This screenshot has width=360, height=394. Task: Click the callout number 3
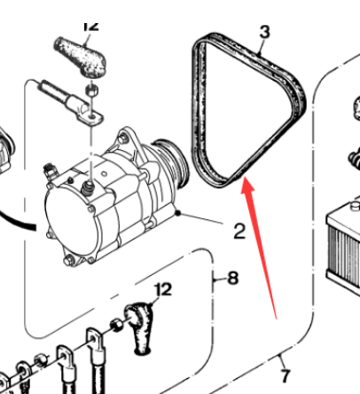click(264, 32)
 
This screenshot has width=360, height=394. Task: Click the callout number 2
click(239, 231)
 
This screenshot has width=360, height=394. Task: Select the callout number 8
click(233, 278)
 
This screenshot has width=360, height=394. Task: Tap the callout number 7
click(285, 376)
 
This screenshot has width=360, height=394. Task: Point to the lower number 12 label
click(163, 289)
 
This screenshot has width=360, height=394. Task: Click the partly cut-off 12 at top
click(91, 26)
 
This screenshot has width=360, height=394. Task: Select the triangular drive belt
click(247, 110)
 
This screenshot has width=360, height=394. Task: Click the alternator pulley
click(173, 162)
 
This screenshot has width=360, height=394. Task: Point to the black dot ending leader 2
click(177, 213)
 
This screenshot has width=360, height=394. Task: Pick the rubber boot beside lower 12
click(139, 327)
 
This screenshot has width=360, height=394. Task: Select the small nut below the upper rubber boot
click(92, 90)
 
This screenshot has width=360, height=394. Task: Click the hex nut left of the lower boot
click(117, 325)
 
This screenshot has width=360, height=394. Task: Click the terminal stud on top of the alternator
click(88, 188)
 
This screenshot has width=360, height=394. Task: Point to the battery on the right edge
click(343, 243)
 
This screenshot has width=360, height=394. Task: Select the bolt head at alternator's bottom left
click(69, 260)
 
